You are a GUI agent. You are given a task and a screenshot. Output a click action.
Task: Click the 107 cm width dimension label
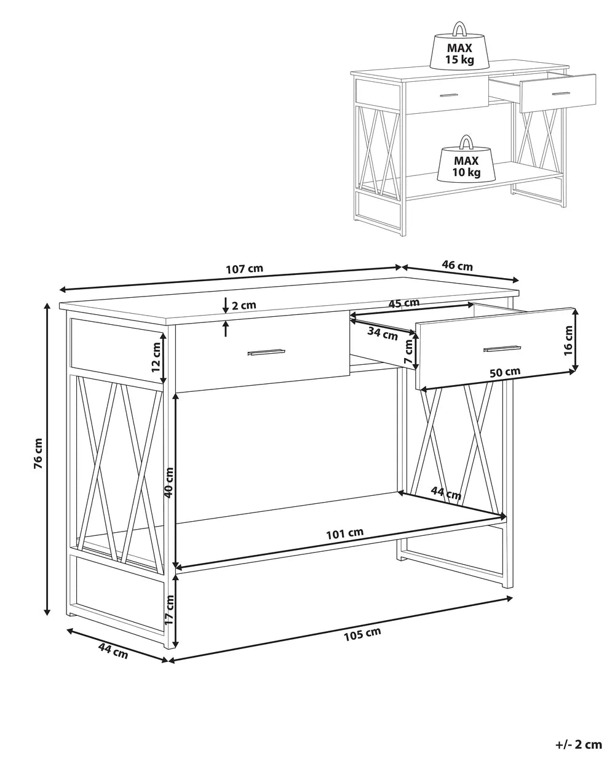click(244, 268)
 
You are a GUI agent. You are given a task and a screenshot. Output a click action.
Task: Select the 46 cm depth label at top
click(457, 266)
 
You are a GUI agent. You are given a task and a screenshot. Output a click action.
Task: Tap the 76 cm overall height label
click(38, 453)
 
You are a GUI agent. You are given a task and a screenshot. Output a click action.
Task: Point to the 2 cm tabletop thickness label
click(244, 305)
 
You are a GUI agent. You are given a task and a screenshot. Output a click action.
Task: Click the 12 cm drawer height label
click(156, 357)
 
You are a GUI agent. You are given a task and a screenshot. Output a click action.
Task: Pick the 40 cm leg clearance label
click(169, 482)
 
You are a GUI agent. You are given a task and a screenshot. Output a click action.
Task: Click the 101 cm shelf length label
click(345, 543)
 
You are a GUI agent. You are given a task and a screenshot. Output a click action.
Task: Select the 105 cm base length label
click(362, 634)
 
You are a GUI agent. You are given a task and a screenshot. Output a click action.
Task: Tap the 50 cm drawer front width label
click(504, 372)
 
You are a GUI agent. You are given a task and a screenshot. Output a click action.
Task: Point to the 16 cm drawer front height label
click(568, 341)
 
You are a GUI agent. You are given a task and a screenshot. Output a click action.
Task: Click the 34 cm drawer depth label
click(383, 334)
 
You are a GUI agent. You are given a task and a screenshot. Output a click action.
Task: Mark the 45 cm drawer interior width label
click(404, 303)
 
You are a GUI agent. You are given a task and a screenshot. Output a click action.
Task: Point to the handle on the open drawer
click(502, 348)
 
